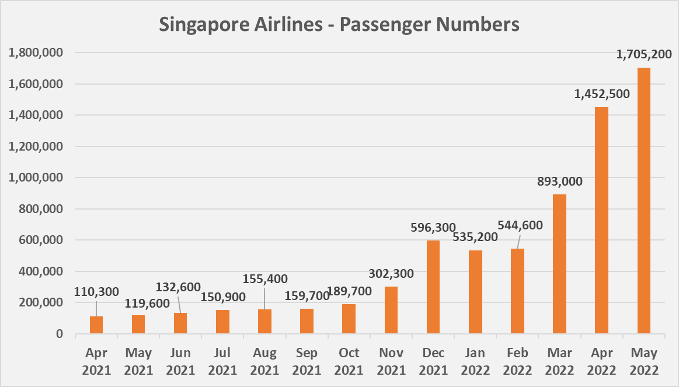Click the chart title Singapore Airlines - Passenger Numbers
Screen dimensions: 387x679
tap(339, 25)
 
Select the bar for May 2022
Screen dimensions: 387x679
tap(643, 201)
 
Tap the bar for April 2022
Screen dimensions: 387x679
tap(601, 220)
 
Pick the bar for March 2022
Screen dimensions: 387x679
tap(559, 264)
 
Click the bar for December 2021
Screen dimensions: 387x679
tap(433, 287)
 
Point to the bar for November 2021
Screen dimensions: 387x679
tap(391, 310)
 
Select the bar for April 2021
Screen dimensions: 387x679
tap(96, 325)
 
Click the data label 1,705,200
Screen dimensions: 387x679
tap(644, 55)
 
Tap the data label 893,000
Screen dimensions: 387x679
tap(559, 181)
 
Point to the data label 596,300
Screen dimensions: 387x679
tap(433, 227)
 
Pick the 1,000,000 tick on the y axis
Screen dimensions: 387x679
tap(37, 178)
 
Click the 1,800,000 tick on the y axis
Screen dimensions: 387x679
tap(37, 53)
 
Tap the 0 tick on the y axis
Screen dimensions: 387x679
tap(60, 334)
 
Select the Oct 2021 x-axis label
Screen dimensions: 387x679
tap(349, 361)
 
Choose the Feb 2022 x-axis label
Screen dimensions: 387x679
tap(517, 361)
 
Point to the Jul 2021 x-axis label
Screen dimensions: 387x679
tap(222, 361)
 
